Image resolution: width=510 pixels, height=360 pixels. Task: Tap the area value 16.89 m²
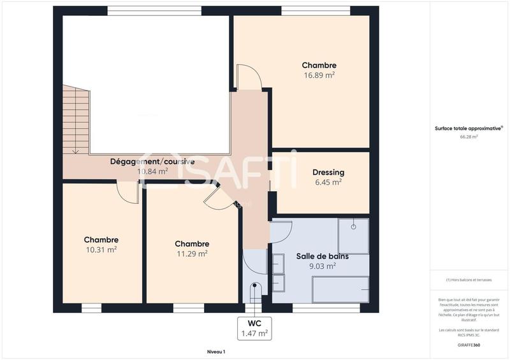pyautogui.click(x=319, y=75)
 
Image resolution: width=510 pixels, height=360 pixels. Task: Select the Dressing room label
pyautogui.click(x=328, y=172)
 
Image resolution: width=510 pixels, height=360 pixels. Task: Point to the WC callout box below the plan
pyautogui.click(x=254, y=328)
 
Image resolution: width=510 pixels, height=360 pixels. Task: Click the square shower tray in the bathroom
pyautogui.click(x=353, y=236)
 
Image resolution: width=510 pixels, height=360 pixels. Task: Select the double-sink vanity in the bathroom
pyautogui.click(x=278, y=272)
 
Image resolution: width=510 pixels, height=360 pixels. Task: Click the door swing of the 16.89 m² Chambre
pyautogui.click(x=249, y=77)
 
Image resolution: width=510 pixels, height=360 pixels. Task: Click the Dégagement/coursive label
pyautogui.click(x=152, y=161)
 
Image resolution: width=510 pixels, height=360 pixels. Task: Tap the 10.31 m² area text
pyautogui.click(x=101, y=250)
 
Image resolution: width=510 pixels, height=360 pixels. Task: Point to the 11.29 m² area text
pyautogui.click(x=192, y=254)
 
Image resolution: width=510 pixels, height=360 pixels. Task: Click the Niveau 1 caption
pyautogui.click(x=216, y=352)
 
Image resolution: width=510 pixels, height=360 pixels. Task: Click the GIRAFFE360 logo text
pyautogui.click(x=469, y=345)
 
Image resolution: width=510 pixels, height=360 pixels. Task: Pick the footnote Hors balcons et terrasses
pyautogui.click(x=469, y=280)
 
